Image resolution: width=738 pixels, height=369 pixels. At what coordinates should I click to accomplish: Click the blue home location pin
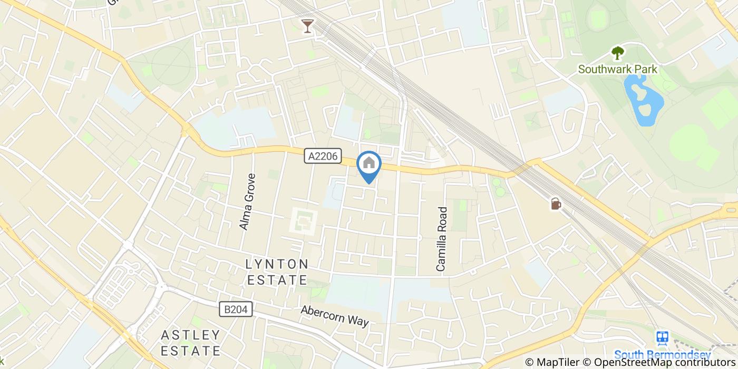(369, 165)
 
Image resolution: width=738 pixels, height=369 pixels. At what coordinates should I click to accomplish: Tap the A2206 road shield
(323, 156)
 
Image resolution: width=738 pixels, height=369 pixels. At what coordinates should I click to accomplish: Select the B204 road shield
(236, 309)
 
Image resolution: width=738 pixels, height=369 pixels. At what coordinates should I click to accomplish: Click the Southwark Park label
(617, 69)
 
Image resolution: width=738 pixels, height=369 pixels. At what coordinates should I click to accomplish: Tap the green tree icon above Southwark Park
(617, 53)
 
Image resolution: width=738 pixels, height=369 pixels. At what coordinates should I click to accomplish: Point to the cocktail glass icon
(308, 26)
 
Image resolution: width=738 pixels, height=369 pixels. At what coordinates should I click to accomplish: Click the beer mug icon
(556, 203)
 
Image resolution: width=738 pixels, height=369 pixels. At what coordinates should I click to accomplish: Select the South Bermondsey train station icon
(663, 337)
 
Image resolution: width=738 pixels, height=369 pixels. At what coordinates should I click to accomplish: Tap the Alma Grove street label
(247, 202)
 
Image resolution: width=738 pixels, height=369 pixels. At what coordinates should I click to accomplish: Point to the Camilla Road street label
(442, 239)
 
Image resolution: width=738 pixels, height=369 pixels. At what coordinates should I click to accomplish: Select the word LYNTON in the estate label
(277, 264)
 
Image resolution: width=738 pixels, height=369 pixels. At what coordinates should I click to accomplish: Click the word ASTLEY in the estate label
(190, 335)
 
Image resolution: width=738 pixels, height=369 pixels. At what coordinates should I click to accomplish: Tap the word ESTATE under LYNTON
(277, 279)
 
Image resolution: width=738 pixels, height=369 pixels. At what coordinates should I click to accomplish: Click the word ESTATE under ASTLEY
(190, 351)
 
